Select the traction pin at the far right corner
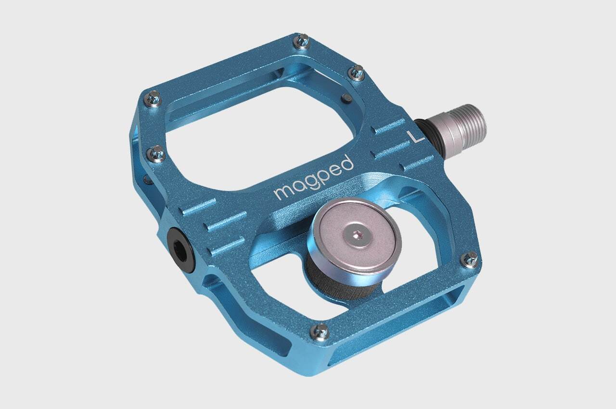coord(470,259)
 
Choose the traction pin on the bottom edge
coord(321,332)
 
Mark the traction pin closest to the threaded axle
coord(357,73)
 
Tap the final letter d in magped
coord(347,163)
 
